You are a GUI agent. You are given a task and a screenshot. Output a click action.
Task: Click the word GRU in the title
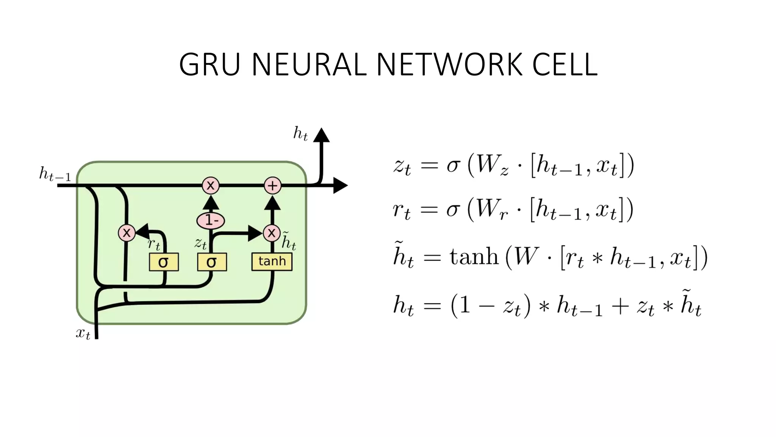210,64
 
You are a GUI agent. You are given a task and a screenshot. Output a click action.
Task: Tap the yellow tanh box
272,262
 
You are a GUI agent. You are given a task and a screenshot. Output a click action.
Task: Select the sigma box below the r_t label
164,262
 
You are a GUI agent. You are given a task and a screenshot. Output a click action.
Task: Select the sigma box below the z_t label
212,262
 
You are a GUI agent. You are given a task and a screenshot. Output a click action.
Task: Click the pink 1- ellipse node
211,220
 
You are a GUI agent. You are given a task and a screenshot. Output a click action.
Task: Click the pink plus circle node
272,186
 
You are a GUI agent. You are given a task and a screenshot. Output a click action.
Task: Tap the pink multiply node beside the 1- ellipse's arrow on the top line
211,185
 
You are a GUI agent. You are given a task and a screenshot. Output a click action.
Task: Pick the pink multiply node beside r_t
127,233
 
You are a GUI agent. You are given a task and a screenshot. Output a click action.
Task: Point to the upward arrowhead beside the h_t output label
321,135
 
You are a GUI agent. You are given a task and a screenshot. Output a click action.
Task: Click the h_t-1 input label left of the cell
55,174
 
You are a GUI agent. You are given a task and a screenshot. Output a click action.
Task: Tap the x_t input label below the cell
83,333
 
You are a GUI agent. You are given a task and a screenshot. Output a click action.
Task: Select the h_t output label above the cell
300,134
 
